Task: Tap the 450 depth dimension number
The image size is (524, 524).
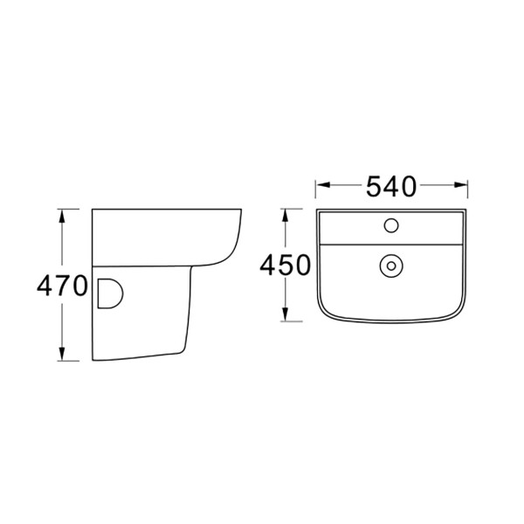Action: tap(286, 265)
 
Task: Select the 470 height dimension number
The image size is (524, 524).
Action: tap(61, 286)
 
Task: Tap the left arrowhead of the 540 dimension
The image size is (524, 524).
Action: tap(321, 185)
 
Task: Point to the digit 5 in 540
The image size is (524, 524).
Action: tap(373, 185)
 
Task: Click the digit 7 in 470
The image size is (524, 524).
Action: tap(61, 286)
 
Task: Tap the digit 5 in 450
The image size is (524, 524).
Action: tap(286, 265)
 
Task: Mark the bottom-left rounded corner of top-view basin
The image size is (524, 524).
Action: tap(324, 313)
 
